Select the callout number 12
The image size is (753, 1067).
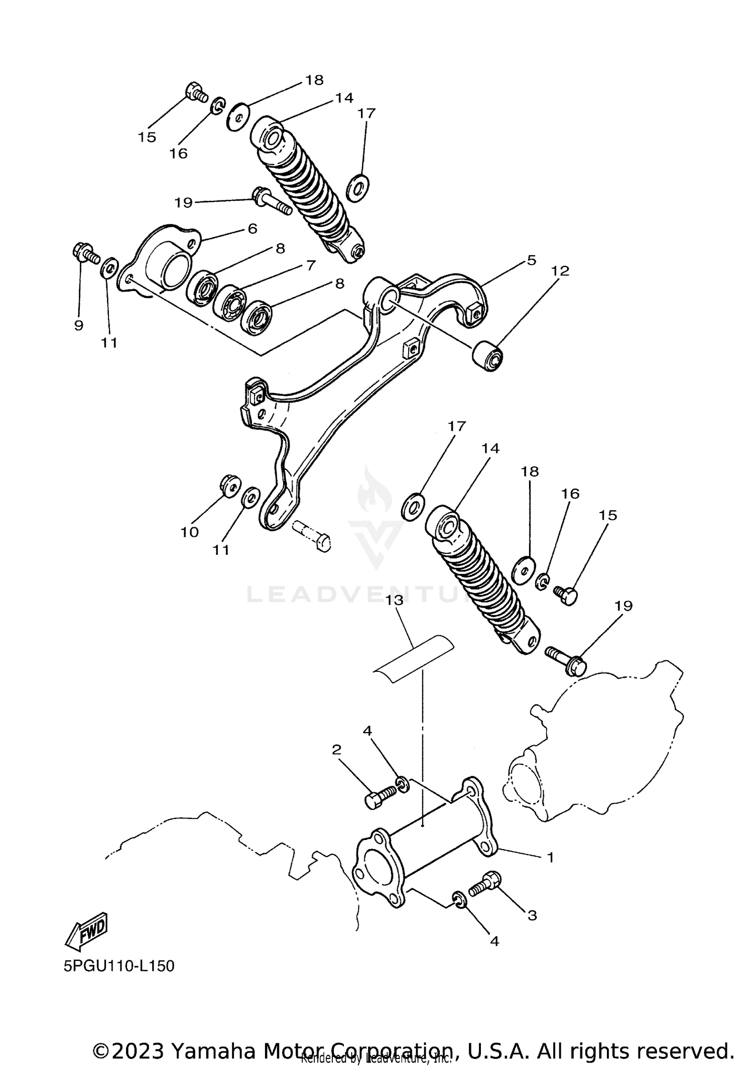[560, 271]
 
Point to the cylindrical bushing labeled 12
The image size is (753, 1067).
[488, 356]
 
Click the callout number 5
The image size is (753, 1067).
[532, 260]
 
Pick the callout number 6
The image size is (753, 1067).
[252, 228]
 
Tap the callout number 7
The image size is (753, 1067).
[311, 265]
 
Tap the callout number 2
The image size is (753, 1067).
[337, 764]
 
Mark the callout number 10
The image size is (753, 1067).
[190, 532]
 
